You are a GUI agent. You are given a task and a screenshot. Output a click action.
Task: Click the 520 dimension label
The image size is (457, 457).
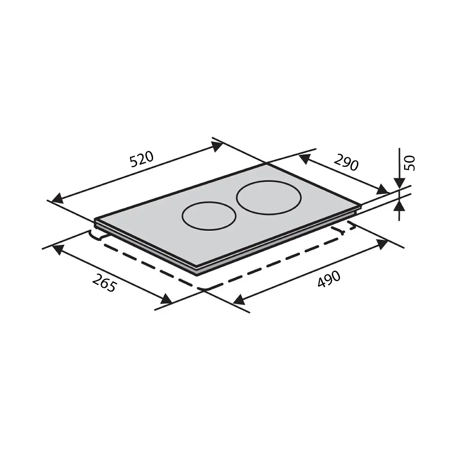pos(142,159)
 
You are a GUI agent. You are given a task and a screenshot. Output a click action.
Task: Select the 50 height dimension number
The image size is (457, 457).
pos(410,163)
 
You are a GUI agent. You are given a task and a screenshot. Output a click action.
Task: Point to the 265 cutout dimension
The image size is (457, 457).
pos(104,283)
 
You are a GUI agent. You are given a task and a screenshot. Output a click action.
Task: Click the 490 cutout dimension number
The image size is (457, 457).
pos(329,279)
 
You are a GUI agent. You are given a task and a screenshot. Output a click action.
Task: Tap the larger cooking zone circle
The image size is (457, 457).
pos(269,197)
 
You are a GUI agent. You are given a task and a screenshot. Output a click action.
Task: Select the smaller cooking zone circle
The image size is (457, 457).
pos(209,216)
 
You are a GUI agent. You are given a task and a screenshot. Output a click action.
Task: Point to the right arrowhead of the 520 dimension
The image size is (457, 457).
pos(217,146)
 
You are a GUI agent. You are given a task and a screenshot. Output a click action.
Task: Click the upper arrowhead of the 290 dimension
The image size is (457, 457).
pos(304,159)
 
